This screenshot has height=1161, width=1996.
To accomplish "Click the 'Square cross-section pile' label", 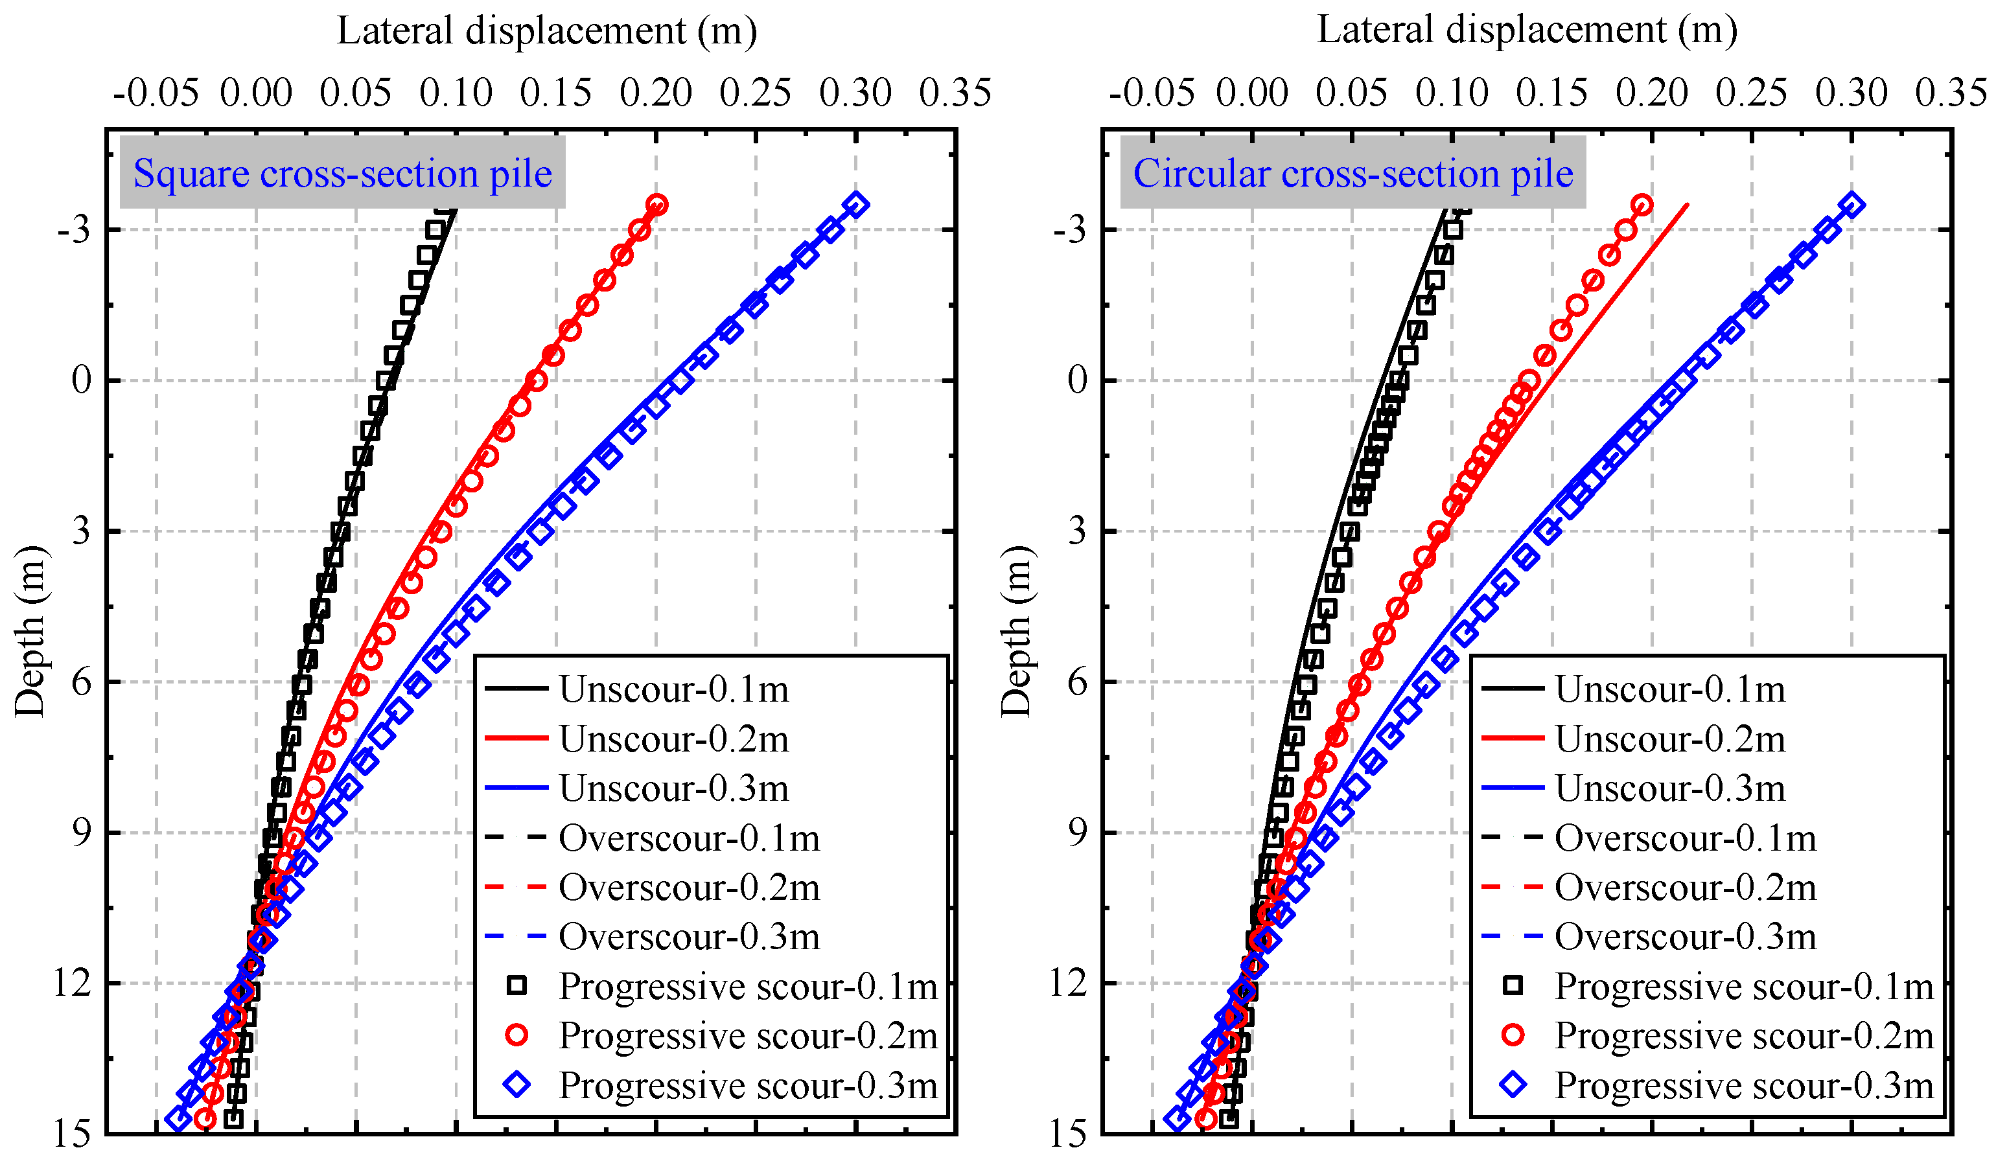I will click(342, 172).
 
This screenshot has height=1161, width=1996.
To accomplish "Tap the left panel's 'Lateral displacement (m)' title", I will click(546, 32).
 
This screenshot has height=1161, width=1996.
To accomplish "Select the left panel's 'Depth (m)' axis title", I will click(30, 631).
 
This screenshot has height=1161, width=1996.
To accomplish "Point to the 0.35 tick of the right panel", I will click(1950, 93).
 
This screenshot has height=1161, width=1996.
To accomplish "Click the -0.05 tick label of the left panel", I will click(156, 93).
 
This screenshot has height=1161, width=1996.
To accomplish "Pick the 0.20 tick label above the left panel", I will click(656, 93).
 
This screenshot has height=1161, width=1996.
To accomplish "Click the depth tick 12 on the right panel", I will click(1069, 983).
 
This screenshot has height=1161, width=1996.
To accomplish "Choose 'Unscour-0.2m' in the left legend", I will click(673, 739).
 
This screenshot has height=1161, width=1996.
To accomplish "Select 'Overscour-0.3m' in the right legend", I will click(1686, 937).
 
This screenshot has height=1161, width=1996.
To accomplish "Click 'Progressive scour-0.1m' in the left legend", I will click(748, 987).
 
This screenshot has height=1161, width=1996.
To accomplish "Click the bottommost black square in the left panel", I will click(233, 1119).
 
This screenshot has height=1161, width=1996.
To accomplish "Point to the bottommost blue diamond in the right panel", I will click(1177, 1119).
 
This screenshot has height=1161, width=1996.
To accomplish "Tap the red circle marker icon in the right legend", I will click(1513, 1035).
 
